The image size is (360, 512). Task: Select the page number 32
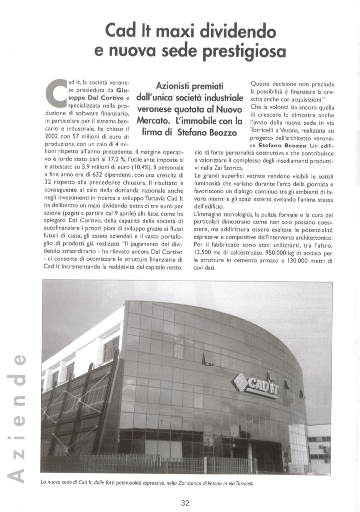[185, 503]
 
